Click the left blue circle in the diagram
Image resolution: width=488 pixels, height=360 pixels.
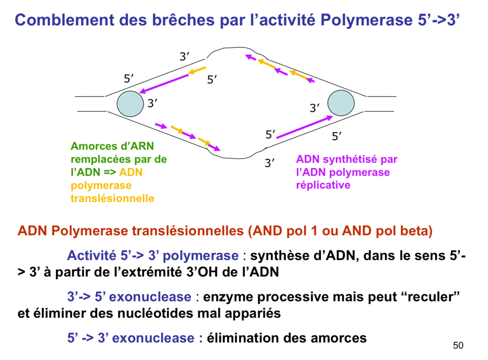click(130, 103)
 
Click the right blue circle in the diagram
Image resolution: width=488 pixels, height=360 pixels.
click(341, 103)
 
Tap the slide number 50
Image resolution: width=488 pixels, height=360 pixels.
click(458, 346)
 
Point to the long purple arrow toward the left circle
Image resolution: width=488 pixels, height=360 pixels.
click(164, 83)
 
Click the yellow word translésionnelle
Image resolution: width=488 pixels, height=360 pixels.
click(112, 199)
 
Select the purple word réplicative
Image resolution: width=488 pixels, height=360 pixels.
click(323, 185)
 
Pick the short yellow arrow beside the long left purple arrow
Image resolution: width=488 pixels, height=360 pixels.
click(197, 71)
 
